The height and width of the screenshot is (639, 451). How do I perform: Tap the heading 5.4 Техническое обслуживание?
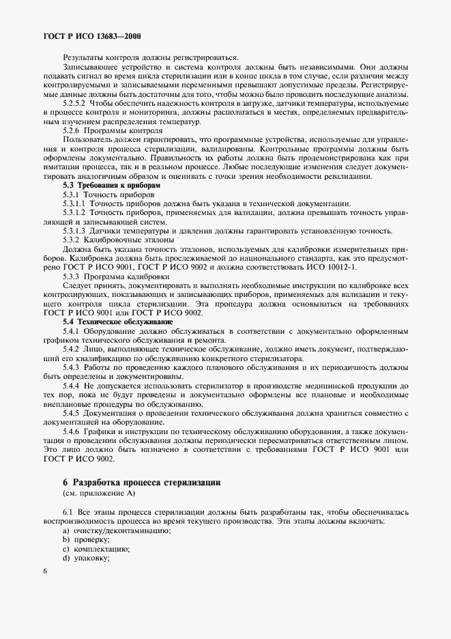[x=117, y=321]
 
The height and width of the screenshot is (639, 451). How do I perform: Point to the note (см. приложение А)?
[x=99, y=493]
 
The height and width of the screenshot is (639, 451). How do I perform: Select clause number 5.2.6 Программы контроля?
[x=113, y=130]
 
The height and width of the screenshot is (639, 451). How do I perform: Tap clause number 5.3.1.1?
[x=74, y=203]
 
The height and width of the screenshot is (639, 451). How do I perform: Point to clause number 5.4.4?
[x=72, y=386]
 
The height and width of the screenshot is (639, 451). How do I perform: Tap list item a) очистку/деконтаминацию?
[x=112, y=530]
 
